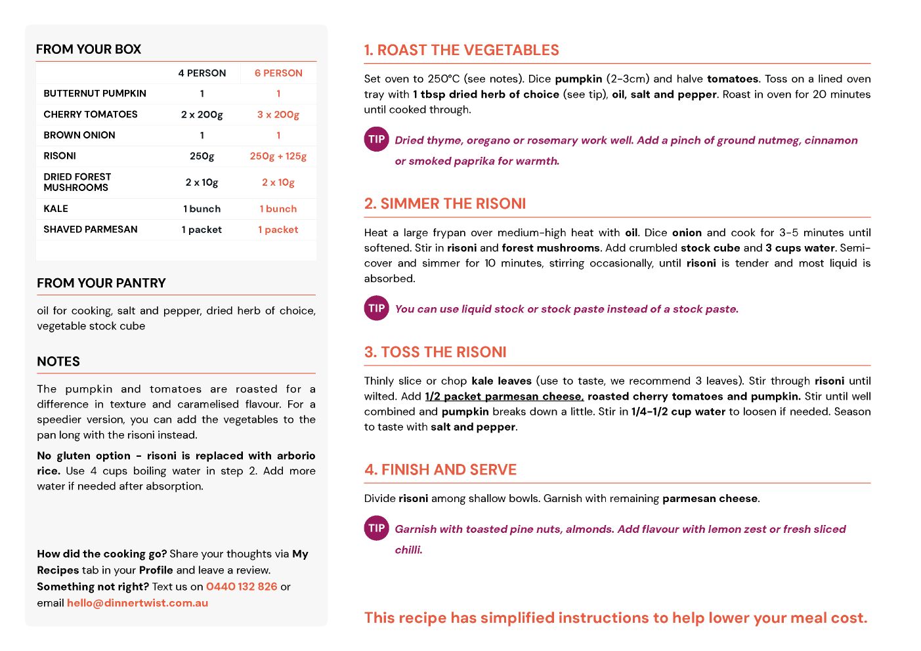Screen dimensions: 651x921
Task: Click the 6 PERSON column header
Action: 278,73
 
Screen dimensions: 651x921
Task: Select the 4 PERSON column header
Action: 202,73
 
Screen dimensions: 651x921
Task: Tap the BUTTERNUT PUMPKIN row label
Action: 95,93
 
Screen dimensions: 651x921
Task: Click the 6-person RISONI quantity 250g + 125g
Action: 278,156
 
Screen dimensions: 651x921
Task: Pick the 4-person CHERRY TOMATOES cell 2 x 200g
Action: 202,114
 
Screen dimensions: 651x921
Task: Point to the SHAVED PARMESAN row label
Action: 91,229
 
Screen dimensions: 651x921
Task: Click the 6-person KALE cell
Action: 278,209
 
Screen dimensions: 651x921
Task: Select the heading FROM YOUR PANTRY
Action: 101,283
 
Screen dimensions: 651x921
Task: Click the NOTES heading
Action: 58,362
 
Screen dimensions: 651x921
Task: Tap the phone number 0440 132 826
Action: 242,587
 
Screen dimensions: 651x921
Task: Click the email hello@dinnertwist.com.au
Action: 137,603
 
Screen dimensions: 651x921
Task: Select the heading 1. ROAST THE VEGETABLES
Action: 461,50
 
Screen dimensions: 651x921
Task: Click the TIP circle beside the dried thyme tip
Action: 377,139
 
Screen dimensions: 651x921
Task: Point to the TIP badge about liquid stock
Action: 377,308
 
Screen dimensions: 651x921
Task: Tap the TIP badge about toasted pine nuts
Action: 377,528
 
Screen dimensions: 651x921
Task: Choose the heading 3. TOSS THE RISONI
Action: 435,352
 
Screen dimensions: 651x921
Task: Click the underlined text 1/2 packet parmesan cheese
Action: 504,396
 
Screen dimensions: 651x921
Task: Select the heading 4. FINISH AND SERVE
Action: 440,470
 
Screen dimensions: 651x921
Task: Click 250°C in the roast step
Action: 444,79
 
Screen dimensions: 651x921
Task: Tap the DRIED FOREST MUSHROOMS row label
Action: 77,182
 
